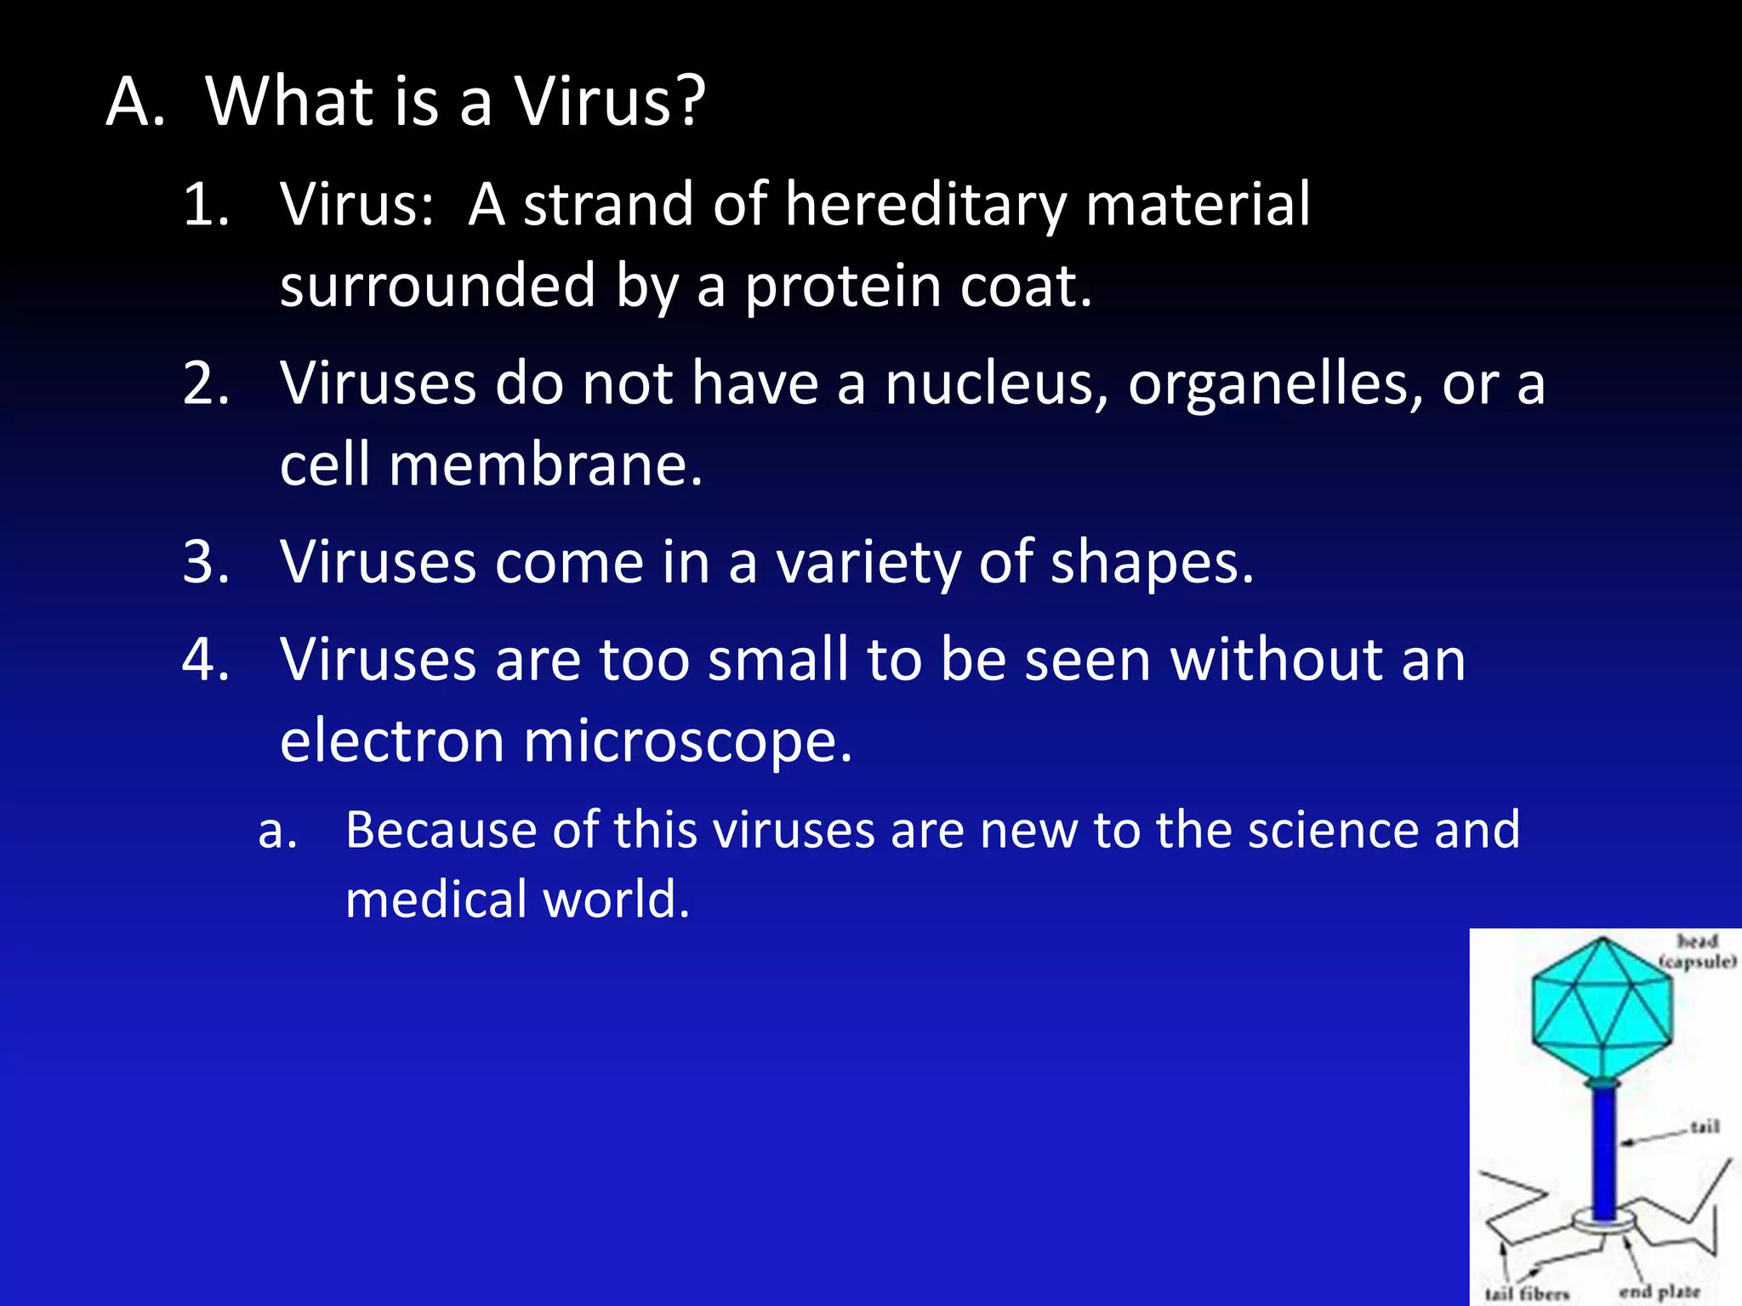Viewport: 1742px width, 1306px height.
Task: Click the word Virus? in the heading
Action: pyautogui.click(x=610, y=102)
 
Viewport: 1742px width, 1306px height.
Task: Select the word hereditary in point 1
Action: pyautogui.click(x=925, y=206)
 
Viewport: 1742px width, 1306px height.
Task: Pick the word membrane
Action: pyautogui.click(x=545, y=466)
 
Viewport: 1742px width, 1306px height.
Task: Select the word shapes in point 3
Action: pyautogui.click(x=1152, y=564)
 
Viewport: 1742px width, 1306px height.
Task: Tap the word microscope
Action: pyautogui.click(x=687, y=741)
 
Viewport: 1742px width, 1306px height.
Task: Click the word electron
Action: pyautogui.click(x=391, y=741)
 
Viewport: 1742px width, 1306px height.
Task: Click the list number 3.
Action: pyautogui.click(x=206, y=563)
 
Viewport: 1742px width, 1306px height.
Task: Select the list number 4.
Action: pyautogui.click(x=206, y=660)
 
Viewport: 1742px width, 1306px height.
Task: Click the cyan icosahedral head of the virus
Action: pyautogui.click(x=1603, y=1007)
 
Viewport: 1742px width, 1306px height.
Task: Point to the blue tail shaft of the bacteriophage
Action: pyautogui.click(x=1603, y=1152)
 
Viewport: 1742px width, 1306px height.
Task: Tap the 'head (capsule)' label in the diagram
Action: pyautogui.click(x=1697, y=951)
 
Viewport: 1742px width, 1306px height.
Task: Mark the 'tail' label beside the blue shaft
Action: pyautogui.click(x=1705, y=1127)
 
